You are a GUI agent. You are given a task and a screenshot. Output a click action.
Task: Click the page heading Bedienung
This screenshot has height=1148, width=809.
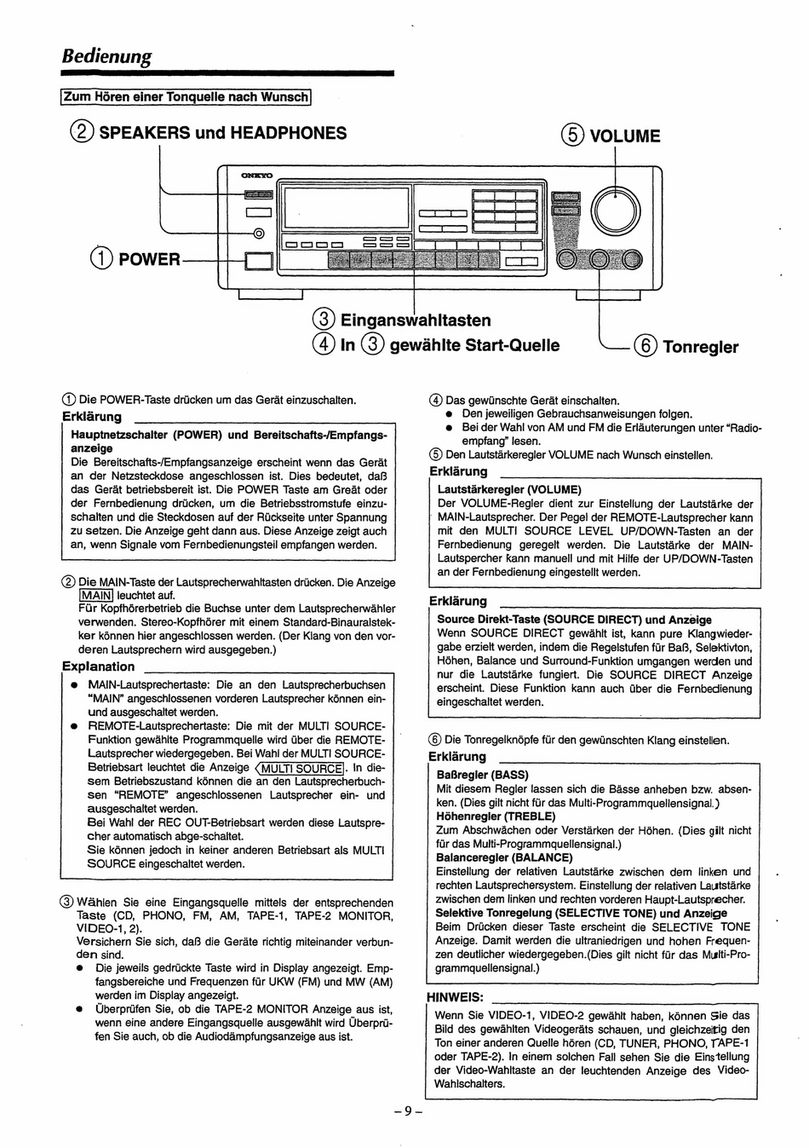(x=106, y=57)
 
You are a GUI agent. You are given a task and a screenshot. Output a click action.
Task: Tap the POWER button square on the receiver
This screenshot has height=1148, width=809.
(x=256, y=261)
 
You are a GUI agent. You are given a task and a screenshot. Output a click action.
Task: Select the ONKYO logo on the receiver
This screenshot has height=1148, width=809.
(x=256, y=176)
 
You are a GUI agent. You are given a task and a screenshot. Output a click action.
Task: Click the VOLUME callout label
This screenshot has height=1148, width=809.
(x=624, y=136)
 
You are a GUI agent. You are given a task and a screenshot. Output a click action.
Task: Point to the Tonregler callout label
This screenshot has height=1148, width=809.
(x=700, y=347)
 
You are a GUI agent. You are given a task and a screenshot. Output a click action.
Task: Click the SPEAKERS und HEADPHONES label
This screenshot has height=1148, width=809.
(x=223, y=133)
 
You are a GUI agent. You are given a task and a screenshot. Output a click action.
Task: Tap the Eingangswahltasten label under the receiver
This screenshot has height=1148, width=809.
(x=416, y=320)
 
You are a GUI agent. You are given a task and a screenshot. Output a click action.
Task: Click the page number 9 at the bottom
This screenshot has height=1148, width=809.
(x=408, y=1111)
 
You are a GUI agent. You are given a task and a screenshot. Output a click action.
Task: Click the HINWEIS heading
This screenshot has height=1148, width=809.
(x=455, y=997)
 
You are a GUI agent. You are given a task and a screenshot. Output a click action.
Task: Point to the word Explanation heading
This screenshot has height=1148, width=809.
(x=98, y=666)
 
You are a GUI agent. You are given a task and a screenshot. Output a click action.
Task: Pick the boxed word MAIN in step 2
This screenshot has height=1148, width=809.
(x=95, y=596)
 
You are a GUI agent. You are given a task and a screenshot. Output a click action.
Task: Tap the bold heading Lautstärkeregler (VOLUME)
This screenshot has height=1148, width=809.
(x=508, y=490)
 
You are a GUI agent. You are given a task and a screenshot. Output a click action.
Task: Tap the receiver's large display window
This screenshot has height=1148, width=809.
(x=346, y=206)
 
